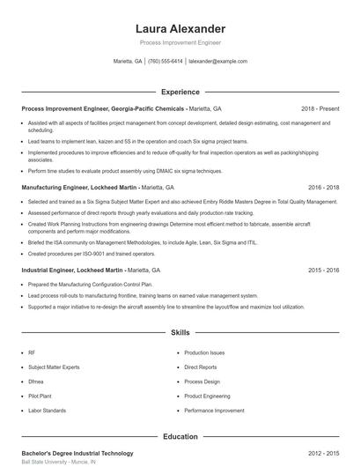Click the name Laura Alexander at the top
click(x=180, y=28)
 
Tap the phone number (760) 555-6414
click(x=165, y=62)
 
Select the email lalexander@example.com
click(x=217, y=62)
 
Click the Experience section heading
click(x=180, y=92)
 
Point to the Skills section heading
click(x=180, y=333)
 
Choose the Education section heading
click(x=180, y=436)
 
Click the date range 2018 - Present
click(x=320, y=108)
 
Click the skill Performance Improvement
click(x=216, y=410)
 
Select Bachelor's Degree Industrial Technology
click(x=77, y=453)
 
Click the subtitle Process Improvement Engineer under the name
click(x=180, y=42)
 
